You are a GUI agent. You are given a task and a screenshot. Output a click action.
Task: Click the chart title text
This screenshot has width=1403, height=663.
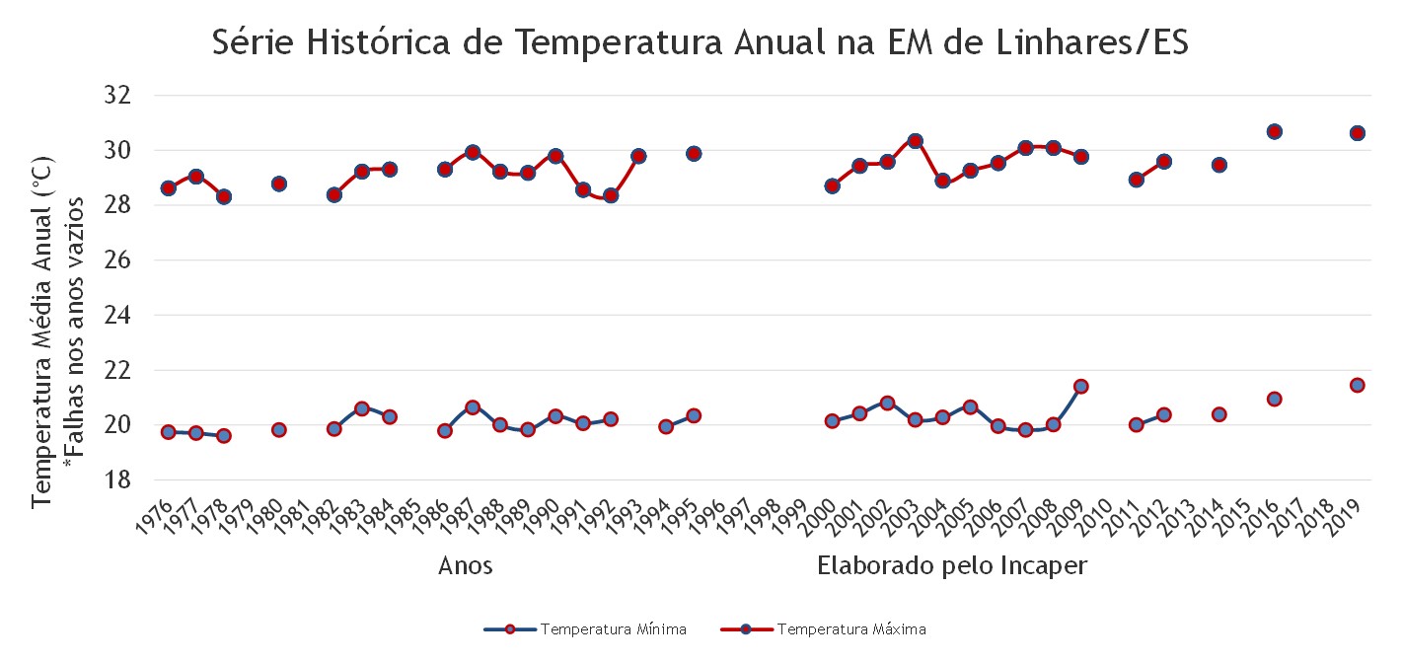tap(701, 42)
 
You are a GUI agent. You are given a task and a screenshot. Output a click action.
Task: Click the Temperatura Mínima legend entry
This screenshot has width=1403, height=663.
tap(586, 629)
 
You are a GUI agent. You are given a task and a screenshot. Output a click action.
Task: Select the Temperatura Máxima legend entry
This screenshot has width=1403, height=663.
tap(824, 629)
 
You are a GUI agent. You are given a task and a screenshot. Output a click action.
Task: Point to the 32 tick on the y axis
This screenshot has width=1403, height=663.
tap(117, 95)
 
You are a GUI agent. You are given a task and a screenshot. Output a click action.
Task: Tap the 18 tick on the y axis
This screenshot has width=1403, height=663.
tap(117, 480)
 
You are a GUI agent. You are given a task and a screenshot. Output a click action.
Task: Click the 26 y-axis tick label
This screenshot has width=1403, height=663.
tap(117, 259)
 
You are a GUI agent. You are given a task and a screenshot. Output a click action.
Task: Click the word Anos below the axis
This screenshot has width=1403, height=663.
tap(465, 566)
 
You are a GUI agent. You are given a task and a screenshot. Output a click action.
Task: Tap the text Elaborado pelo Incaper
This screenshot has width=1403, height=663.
tap(952, 566)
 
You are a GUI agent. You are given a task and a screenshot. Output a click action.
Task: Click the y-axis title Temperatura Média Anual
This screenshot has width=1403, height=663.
tap(42, 331)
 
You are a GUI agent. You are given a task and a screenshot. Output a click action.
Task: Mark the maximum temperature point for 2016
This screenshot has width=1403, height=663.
tap(1274, 131)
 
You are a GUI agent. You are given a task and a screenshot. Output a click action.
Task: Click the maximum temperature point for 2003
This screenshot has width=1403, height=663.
tap(915, 140)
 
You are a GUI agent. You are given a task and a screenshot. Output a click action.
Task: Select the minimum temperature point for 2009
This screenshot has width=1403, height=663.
tap(1081, 387)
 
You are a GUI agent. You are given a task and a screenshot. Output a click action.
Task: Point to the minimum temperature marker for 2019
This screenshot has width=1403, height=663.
tap(1358, 385)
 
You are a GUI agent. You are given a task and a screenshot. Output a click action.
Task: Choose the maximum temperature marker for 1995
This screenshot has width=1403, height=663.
tap(694, 153)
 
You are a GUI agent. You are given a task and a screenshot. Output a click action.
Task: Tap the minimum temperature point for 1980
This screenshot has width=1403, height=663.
tap(278, 429)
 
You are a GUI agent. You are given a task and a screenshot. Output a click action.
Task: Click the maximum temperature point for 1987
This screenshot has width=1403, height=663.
tap(473, 152)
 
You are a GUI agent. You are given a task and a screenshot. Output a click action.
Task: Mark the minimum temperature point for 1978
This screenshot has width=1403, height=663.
tap(224, 436)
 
